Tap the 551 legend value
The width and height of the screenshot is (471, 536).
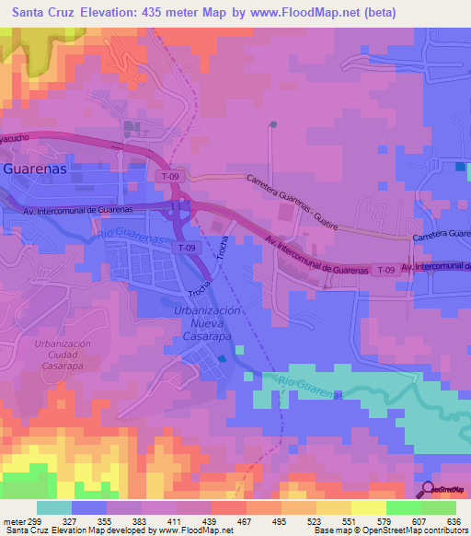351,521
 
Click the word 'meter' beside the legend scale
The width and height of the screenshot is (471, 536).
14,521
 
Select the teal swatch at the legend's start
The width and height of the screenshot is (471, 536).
54,507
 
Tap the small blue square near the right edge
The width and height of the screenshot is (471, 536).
460,166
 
